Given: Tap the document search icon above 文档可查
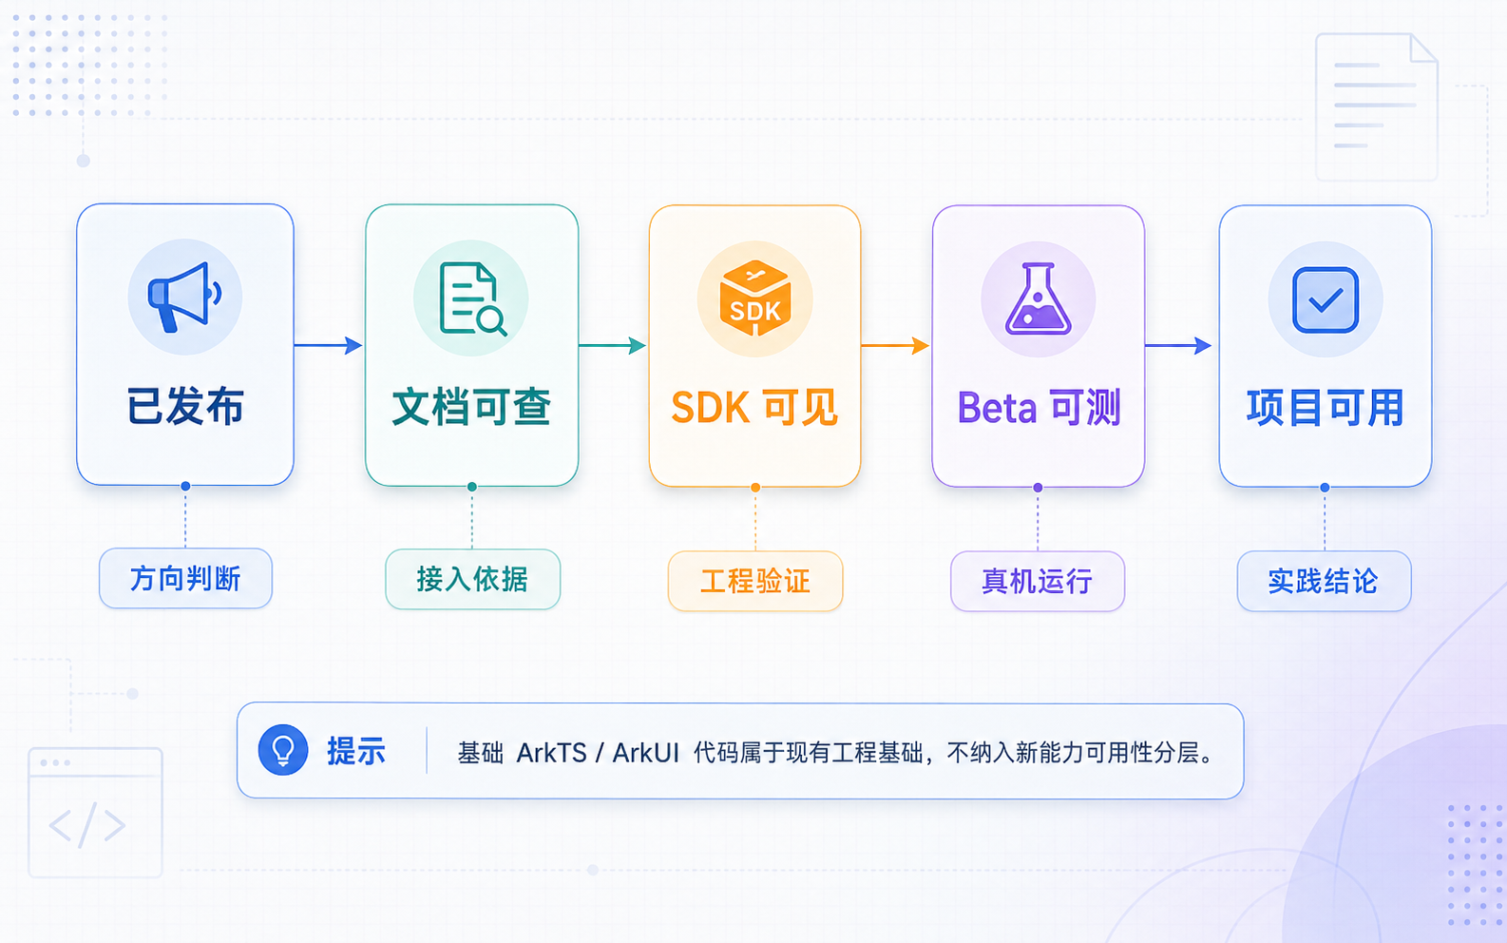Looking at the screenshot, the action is coord(472,298).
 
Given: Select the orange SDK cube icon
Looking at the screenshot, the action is coord(754,298).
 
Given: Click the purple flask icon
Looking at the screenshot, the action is coord(1038,298).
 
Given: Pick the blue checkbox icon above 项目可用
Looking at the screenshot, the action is coord(1326,299).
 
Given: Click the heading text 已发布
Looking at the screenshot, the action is coord(185,407).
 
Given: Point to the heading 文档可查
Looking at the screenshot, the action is coord(471,407).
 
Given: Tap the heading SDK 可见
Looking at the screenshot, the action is coord(754,407).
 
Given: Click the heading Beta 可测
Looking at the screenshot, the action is coord(1039,407).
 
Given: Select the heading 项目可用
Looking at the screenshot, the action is coord(1325,407).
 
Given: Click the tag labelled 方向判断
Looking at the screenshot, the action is coord(185,578).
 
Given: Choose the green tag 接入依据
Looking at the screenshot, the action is coord(472,580).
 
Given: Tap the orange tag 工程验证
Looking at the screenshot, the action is coord(754,581).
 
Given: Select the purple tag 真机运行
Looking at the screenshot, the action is coord(1038,581).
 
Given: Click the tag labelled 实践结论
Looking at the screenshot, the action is coord(1324,581).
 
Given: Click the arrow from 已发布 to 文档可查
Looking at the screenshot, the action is coord(329,345).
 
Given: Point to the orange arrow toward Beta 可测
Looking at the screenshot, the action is coord(895,345).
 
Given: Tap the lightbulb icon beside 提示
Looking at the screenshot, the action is coord(283,750).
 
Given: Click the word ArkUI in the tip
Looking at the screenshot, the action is coord(646,753).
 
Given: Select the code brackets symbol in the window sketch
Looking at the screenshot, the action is coord(87,825).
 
